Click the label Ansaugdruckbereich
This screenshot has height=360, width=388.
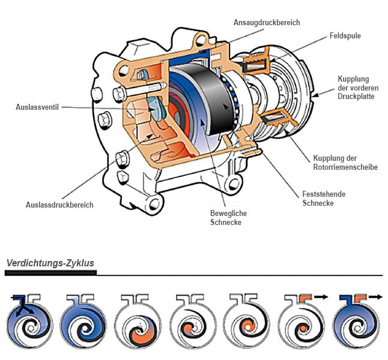pyautogui.click(x=267, y=23)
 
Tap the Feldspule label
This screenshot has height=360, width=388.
pyautogui.click(x=345, y=36)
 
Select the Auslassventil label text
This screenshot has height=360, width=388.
pyautogui.click(x=37, y=107)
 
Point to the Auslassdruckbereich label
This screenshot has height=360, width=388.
pyautogui.click(x=59, y=205)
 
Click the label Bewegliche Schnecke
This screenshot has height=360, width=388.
pyautogui.click(x=228, y=218)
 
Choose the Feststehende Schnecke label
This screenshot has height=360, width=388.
pyautogui.click(x=324, y=199)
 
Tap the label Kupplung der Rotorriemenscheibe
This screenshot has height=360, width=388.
pyautogui.click(x=345, y=163)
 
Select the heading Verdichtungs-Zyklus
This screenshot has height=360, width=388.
pyautogui.click(x=50, y=263)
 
